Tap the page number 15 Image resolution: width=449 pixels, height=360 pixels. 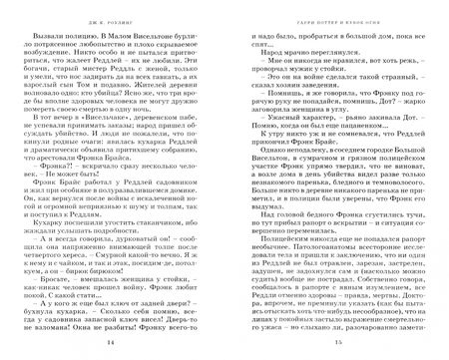click(x=330, y=342)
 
